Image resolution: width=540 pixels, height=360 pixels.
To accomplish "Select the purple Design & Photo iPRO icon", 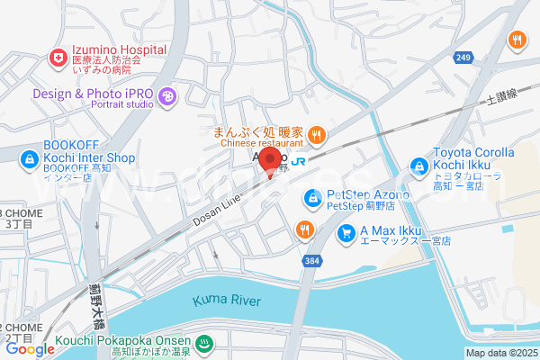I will coord(166,95).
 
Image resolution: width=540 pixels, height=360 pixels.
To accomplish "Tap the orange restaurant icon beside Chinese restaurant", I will coord(316,136).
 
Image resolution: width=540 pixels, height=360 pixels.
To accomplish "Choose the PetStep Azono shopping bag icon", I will coord(311,196).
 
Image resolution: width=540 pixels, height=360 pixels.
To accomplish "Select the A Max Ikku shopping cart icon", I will coord(346,233).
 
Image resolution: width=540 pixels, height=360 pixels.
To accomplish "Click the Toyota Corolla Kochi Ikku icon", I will coord(418,166).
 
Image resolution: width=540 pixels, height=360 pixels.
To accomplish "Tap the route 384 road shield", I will coord(311,260).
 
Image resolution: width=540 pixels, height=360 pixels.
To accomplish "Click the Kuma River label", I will coord(224,298).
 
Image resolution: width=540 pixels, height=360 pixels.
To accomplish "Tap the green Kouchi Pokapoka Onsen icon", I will coord(203,343).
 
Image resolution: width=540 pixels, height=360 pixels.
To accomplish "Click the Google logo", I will coord(30,349).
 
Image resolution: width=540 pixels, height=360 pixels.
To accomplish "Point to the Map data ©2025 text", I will coord(500,353).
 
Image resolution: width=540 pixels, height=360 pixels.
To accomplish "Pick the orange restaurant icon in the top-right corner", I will coord(517,39).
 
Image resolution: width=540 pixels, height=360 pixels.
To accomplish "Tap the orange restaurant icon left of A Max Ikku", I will coord(305,229).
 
